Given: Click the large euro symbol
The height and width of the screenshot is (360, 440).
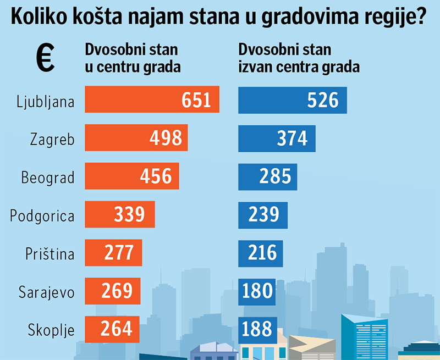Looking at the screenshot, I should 45,58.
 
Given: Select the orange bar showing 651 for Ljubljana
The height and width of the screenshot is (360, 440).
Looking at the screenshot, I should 152,100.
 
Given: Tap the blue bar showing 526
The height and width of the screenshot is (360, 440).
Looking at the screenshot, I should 292,100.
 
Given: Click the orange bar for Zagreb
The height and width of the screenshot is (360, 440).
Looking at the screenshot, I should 136,138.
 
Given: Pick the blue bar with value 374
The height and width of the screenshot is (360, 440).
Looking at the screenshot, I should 277,138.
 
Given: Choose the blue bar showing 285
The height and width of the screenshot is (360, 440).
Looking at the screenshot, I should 267,176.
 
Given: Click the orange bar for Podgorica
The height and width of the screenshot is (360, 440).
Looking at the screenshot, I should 119,214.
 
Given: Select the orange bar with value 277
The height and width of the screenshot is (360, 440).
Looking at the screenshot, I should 113,252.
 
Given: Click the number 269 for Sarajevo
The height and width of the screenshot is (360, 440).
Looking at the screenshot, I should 117,290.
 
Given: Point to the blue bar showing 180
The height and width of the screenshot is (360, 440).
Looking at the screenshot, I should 256,290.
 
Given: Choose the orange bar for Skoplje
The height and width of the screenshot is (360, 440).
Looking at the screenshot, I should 112,328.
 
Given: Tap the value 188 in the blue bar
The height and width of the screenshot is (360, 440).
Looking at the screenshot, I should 257,328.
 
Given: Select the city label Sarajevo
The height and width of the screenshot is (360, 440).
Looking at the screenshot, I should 46,291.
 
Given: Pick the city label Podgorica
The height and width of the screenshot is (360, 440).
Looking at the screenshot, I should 42,215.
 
